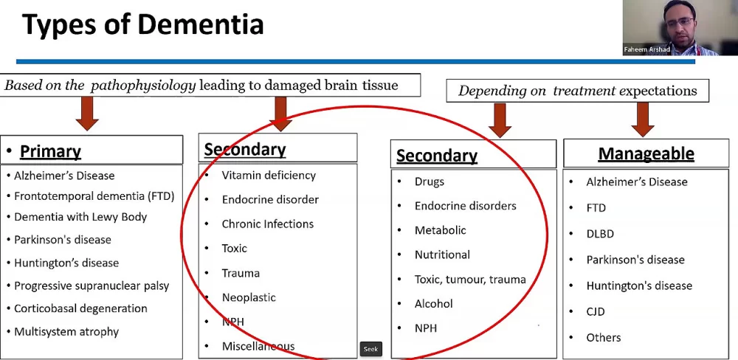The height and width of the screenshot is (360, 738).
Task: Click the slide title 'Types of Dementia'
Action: pos(142,24)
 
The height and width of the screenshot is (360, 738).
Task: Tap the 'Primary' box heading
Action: pos(50,152)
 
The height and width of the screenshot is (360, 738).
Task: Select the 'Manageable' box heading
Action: pos(646,153)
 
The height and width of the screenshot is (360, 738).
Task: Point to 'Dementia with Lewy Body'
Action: pos(80,217)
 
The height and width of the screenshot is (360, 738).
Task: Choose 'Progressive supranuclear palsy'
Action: pos(92,285)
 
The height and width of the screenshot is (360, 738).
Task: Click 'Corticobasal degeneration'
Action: pos(80,308)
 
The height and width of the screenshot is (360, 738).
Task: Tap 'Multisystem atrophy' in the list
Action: pos(66,332)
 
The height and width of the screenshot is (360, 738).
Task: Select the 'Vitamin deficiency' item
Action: pos(269,176)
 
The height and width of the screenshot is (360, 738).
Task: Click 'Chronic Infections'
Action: pos(267,224)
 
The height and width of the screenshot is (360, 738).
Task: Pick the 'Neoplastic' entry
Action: pos(249,297)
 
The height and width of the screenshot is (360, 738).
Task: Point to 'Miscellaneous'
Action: pos(258,346)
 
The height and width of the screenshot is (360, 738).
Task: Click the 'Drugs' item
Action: pos(430,181)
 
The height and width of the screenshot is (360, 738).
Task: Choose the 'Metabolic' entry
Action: pos(440,230)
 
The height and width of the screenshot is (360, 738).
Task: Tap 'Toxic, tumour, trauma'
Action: pos(470,280)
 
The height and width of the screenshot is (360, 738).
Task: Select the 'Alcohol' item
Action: pos(434,303)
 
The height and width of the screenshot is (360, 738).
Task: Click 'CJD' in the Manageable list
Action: pos(596,311)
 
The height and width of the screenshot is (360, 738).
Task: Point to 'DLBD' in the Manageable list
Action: pos(600,234)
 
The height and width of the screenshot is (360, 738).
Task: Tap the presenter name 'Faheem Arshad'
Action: pos(647,49)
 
